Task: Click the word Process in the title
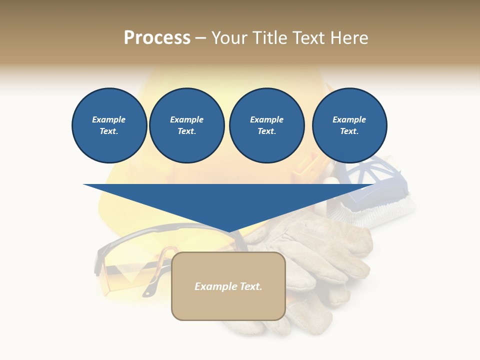click(x=157, y=38)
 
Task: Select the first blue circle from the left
click(x=109, y=125)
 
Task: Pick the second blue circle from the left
click(x=186, y=125)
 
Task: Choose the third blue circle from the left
click(x=266, y=125)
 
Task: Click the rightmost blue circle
click(x=349, y=125)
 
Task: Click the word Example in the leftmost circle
click(x=109, y=119)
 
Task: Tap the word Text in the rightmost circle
click(x=349, y=131)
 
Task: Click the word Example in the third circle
click(x=266, y=119)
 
